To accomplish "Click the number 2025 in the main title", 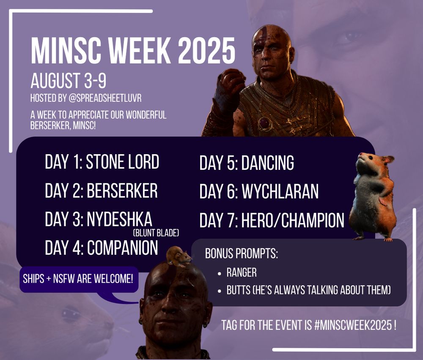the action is tap(207, 51).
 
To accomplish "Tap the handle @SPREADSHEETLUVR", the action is tap(105, 98).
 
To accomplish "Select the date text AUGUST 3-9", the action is tap(69, 81).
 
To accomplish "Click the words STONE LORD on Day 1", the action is tap(123, 162).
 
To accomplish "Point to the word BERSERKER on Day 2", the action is tap(122, 191).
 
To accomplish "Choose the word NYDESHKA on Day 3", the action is tap(120, 219).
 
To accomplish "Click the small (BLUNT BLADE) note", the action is tap(156, 233).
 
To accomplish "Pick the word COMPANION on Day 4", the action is tap(123, 248).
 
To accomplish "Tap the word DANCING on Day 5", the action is tap(268, 163).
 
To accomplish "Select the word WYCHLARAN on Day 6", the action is tap(280, 191).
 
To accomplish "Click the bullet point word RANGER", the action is tap(242, 273).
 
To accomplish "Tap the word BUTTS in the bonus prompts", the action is tap(234, 290).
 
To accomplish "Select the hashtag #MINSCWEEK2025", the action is tap(353, 325).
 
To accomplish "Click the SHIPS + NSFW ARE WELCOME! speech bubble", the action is tap(79, 279).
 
